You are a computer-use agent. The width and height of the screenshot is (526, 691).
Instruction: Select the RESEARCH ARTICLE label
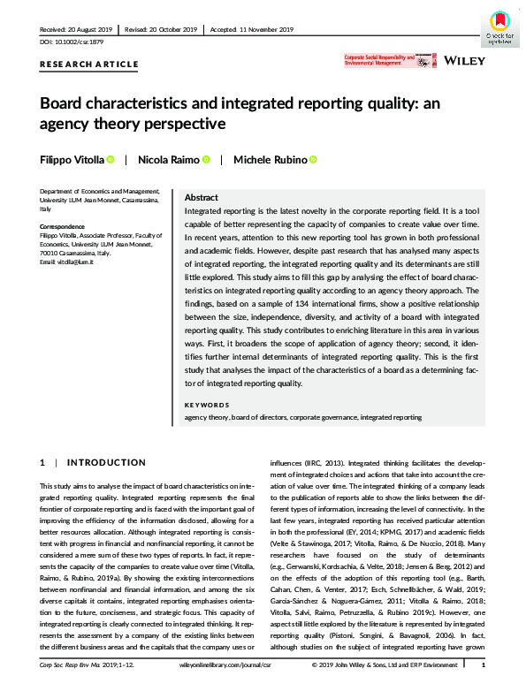tap(89, 65)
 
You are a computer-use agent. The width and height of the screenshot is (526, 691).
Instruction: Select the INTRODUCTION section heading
tap(107, 462)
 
